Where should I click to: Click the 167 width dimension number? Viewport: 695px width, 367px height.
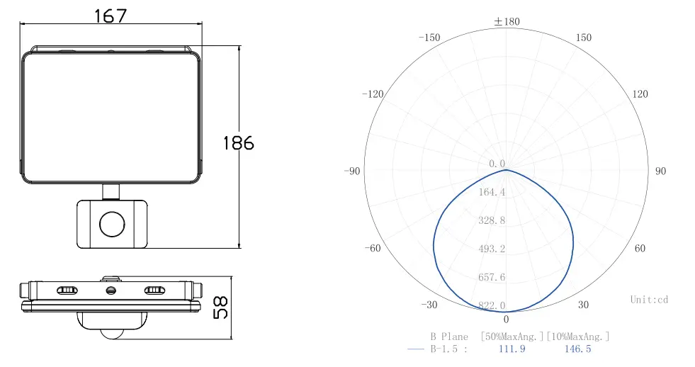[111, 16]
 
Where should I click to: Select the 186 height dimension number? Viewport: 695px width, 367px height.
[239, 143]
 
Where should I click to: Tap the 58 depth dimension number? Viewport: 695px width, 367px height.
[220, 307]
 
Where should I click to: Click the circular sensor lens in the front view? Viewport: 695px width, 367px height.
[112, 225]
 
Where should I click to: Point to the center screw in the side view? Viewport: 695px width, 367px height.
[111, 290]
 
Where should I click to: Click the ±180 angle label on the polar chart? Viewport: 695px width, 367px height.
[507, 21]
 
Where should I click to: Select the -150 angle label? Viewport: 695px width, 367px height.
[429, 38]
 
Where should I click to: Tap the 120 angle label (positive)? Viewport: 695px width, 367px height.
[640, 94]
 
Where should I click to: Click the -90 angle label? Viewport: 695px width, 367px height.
[352, 171]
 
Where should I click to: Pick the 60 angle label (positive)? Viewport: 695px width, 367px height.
[640, 248]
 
